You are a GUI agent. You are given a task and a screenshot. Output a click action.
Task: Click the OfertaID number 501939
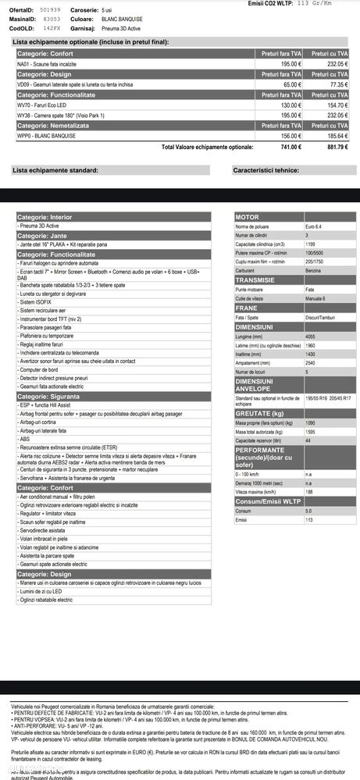(51, 9)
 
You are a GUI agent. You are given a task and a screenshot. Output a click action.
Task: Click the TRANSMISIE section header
(255, 280)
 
